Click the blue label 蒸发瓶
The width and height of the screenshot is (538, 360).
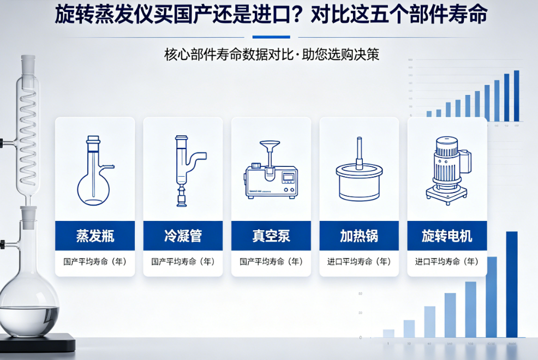(x=95, y=236)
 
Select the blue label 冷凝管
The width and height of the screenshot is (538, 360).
(x=183, y=236)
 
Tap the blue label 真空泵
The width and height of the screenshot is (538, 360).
(x=271, y=236)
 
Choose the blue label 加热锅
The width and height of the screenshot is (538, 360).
(x=359, y=236)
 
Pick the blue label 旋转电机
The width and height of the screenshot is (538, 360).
(x=447, y=236)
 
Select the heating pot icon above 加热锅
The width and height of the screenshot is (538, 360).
(x=358, y=175)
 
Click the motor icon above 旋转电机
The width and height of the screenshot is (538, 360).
(x=448, y=170)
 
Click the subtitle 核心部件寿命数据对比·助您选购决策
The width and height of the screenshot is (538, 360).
(x=271, y=55)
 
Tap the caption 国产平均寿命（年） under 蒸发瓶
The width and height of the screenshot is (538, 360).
(x=95, y=262)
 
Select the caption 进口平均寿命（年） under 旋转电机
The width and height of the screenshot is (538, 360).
(x=447, y=262)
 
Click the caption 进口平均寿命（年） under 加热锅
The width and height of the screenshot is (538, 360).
(x=359, y=262)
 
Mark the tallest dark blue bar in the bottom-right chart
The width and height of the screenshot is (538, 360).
(x=511, y=284)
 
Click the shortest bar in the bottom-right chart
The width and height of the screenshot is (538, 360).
(x=388, y=333)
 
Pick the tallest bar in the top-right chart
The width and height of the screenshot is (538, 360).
(x=516, y=95)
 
